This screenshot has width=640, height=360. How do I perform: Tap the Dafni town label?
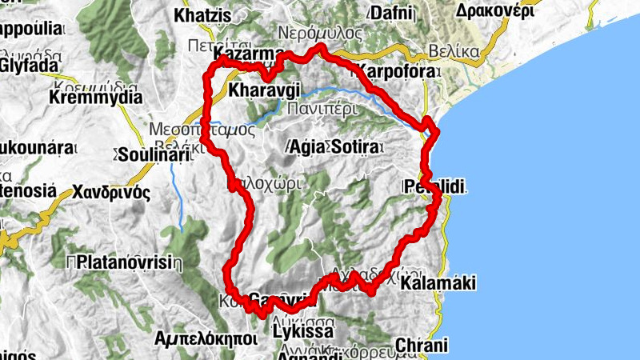(x=391, y=13)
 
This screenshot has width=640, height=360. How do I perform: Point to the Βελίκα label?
(x=453, y=51)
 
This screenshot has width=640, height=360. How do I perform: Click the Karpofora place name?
(x=398, y=71)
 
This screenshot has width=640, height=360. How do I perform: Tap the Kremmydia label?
(x=95, y=98)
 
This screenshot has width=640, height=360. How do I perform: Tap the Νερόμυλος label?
(x=320, y=33)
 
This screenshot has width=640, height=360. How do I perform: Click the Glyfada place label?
(x=30, y=64)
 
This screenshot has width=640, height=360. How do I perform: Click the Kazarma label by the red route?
(x=250, y=54)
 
